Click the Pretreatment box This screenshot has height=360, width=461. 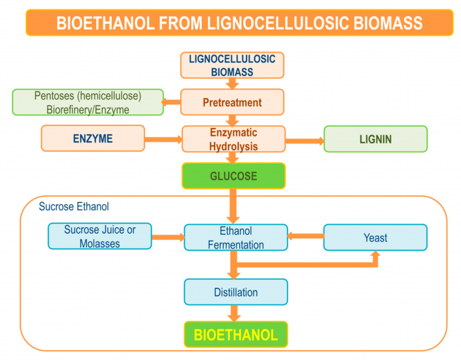coord(232,102)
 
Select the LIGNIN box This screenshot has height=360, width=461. coord(376,139)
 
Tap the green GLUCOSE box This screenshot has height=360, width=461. coord(234,176)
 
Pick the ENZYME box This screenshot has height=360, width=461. coord(93,139)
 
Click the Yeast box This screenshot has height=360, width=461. coord(376,237)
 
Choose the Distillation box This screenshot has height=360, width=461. coord(236,292)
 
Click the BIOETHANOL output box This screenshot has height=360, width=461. coord(236,334)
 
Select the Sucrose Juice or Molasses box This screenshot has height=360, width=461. coord(100,236)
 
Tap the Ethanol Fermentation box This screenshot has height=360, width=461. coord(236,237)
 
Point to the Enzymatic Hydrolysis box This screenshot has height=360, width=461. coord(234,139)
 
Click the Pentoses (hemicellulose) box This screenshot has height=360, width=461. coord(88,102)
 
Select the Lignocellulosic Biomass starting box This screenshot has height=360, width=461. coord(232,66)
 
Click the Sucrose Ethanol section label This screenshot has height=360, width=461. coord(74,206)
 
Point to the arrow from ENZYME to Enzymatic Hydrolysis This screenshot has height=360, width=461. coord(164,139)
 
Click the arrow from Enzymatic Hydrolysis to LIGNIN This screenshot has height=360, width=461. coord(305,141)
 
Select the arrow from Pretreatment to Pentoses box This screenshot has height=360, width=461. coord(171,102)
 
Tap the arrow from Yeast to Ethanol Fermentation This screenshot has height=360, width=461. coord(305,236)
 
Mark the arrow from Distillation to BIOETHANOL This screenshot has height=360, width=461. coord(234,313)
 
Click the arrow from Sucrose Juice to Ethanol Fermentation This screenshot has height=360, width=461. coord(168,237)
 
